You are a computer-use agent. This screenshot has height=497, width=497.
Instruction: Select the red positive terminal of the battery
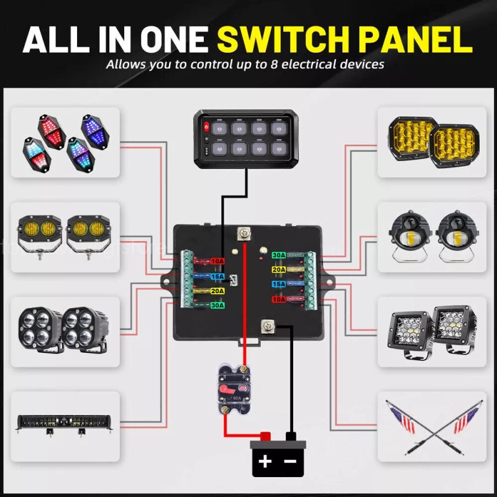(x=265, y=436)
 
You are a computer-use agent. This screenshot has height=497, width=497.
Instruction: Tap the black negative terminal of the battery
(x=290, y=436)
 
